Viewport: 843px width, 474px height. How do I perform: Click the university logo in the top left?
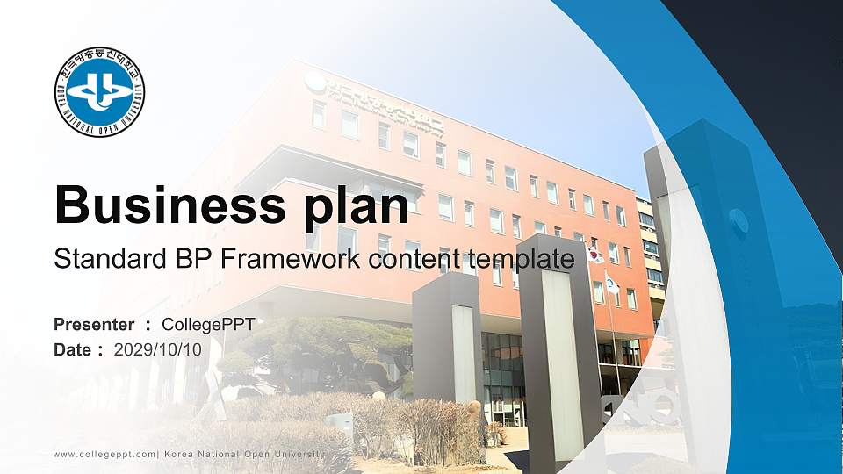point(99,92)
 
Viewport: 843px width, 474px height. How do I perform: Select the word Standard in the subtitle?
point(104,259)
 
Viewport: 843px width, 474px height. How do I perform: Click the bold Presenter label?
point(94,325)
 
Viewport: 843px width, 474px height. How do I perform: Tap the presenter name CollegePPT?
point(209,325)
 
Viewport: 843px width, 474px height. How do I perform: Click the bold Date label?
point(73,349)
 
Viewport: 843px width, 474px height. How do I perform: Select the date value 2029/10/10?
point(158,349)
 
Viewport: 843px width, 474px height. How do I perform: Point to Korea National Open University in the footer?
point(244,454)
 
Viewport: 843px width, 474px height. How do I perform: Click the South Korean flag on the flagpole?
point(594,255)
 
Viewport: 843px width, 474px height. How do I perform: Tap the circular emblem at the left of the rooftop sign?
point(313,83)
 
